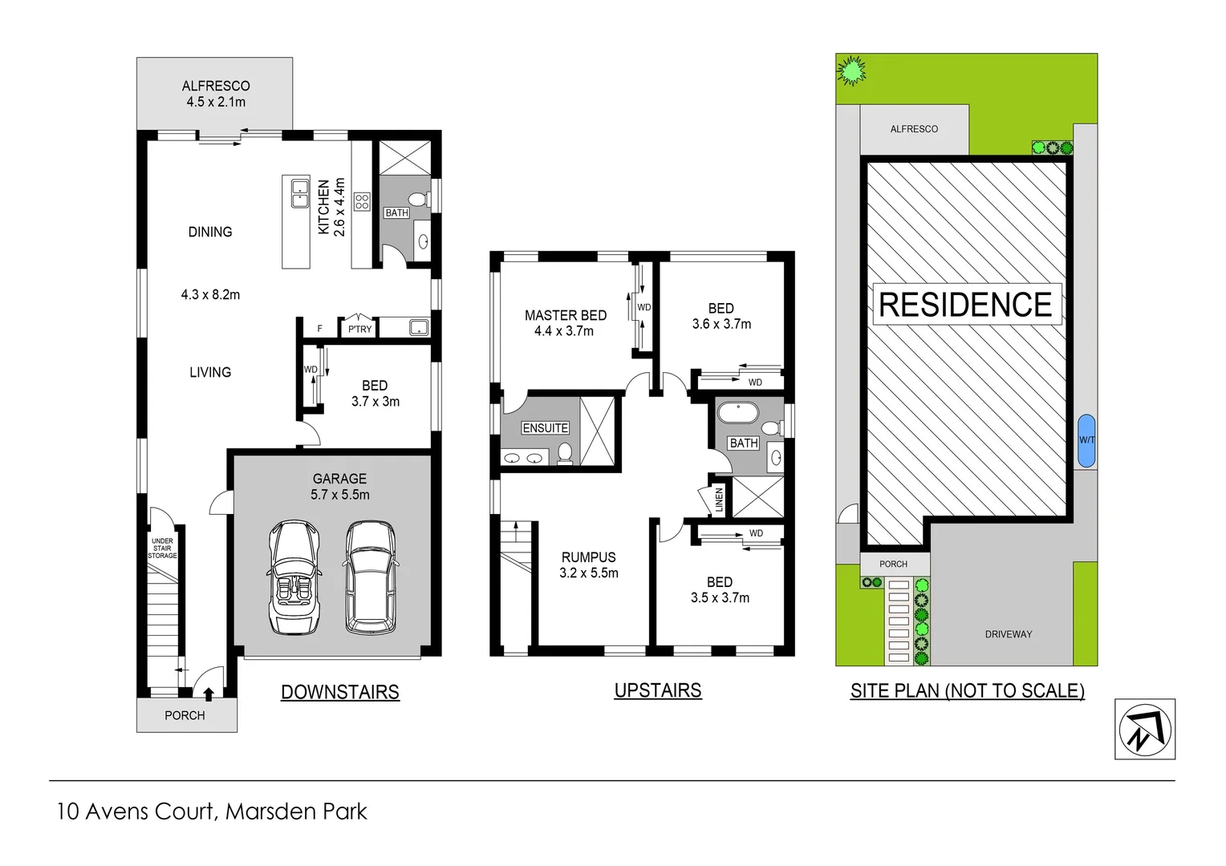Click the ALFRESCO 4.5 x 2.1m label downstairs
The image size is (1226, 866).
pyautogui.click(x=216, y=94)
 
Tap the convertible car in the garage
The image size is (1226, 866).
pyautogui.click(x=294, y=577)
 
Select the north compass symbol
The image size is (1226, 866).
pyautogui.click(x=1145, y=729)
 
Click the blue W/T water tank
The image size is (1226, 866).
pyautogui.click(x=1086, y=440)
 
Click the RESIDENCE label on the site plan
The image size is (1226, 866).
pyautogui.click(x=965, y=305)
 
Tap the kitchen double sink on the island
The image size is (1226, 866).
pyautogui.click(x=300, y=192)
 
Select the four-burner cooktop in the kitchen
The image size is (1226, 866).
pyautogui.click(x=362, y=201)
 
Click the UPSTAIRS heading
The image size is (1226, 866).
pyautogui.click(x=657, y=690)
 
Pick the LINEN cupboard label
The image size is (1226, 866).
pyautogui.click(x=719, y=499)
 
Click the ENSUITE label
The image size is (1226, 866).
pyautogui.click(x=546, y=428)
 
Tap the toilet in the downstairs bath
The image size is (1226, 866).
pyautogui.click(x=418, y=199)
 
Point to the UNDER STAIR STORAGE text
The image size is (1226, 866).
pyautogui.click(x=162, y=548)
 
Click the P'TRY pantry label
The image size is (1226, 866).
pyautogui.click(x=359, y=329)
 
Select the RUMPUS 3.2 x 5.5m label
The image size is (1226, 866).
pyautogui.click(x=589, y=565)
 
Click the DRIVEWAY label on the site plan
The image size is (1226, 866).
pyautogui.click(x=1008, y=634)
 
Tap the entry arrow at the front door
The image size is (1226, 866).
pyautogui.click(x=209, y=694)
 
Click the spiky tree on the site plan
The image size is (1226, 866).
pyautogui.click(x=851, y=71)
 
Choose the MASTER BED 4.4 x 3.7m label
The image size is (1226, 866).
pyautogui.click(x=565, y=323)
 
